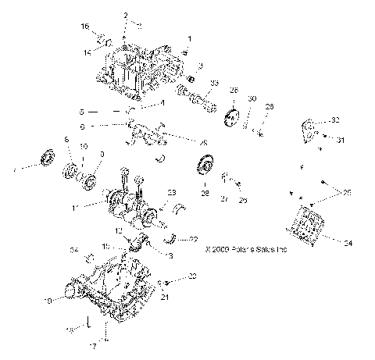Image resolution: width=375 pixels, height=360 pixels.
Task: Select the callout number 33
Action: (x=214, y=83)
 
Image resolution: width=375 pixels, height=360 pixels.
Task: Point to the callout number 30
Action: (x=252, y=99)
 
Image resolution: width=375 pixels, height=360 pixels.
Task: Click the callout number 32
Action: (x=336, y=119)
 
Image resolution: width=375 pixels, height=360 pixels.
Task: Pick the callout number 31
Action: (x=340, y=141)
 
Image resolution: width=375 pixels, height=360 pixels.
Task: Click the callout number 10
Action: (x=84, y=147)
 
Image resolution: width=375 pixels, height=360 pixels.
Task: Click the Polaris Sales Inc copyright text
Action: (x=245, y=251)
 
